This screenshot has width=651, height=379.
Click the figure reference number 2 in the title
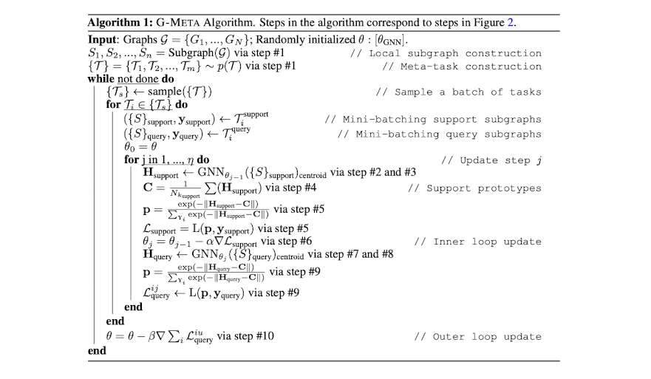coord(510,21)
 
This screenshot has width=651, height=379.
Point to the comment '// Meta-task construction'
coord(462,66)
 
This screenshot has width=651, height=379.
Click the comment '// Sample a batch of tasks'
coord(458,92)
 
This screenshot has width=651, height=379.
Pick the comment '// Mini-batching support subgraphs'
coord(432,119)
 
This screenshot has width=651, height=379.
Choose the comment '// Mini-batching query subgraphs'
coord(439,134)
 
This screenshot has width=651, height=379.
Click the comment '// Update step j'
coord(491,160)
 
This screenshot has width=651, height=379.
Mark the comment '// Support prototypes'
coord(474,188)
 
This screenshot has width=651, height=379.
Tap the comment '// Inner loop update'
coord(477,242)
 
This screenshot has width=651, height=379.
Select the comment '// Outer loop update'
coord(477,337)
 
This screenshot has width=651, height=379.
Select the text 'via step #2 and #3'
coord(373,172)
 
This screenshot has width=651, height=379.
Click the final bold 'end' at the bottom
coord(97,351)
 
